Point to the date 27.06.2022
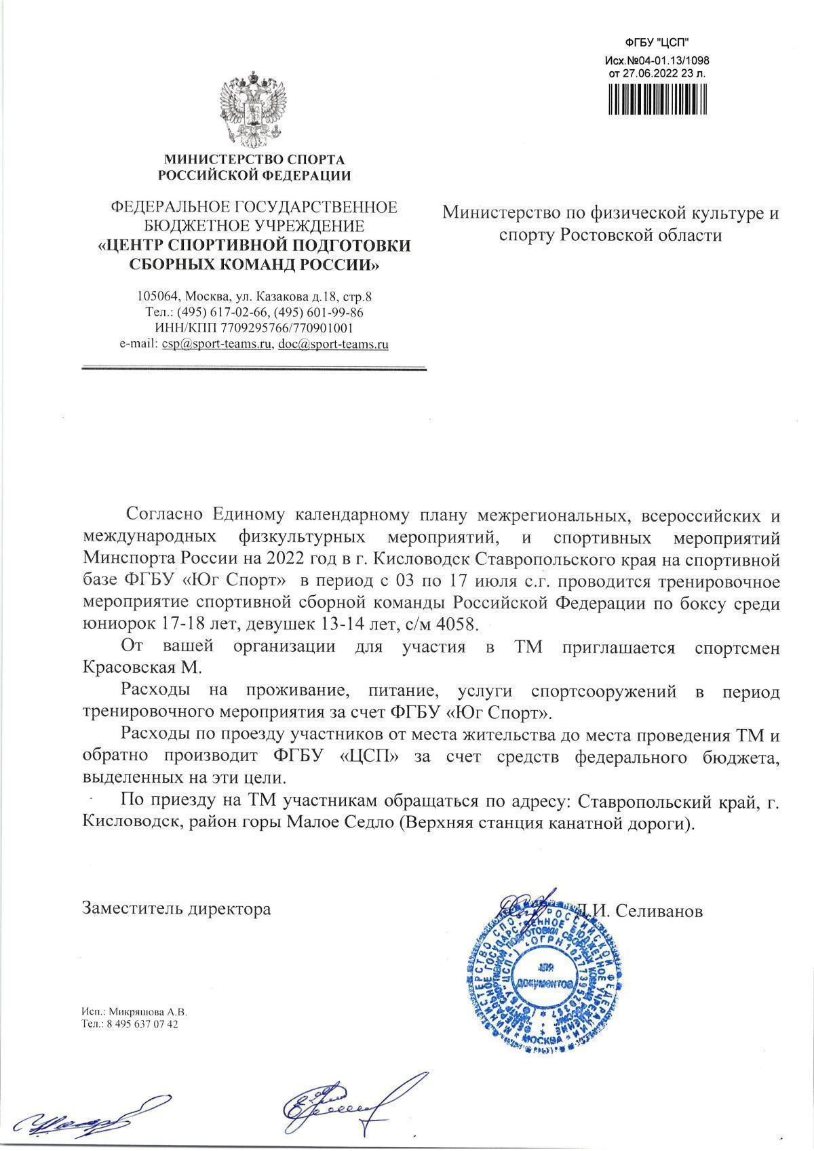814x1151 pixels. coord(648,73)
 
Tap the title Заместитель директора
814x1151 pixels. coord(176,909)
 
